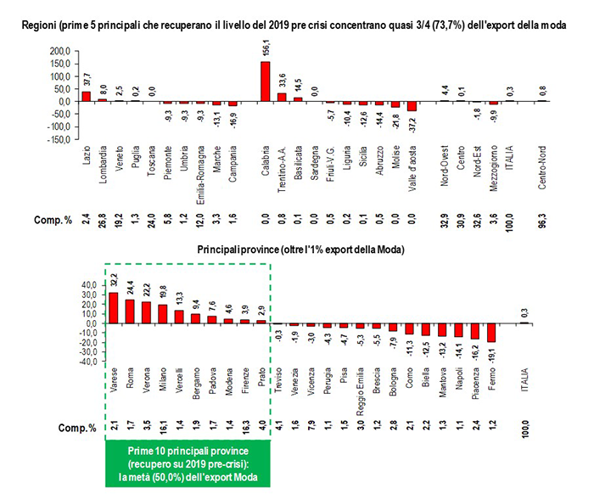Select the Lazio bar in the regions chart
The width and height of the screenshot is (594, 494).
coord(86,96)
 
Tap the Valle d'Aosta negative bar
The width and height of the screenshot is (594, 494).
coord(412,106)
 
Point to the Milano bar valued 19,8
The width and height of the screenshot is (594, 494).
coord(162,313)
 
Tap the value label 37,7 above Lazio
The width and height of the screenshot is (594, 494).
coord(86,81)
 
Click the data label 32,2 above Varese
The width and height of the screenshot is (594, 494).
coord(113,282)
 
